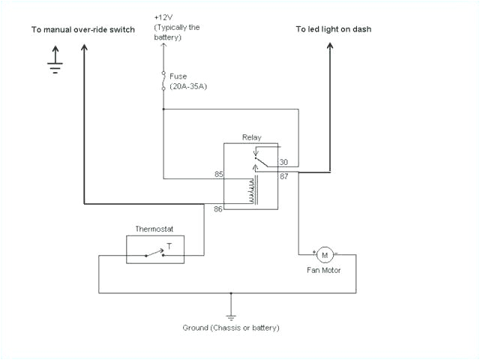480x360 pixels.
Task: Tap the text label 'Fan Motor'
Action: (325, 270)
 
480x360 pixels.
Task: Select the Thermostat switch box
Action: (164, 249)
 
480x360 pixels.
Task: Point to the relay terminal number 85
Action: (219, 174)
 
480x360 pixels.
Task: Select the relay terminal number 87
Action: (284, 177)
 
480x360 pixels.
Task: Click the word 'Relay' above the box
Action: (250, 137)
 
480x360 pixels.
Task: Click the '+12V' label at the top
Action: (163, 17)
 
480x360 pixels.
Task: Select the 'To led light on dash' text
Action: (333, 29)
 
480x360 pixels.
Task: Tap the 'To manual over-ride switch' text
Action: (83, 30)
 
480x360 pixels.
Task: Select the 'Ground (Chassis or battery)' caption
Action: (231, 328)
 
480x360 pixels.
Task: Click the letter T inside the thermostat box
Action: (169, 245)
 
